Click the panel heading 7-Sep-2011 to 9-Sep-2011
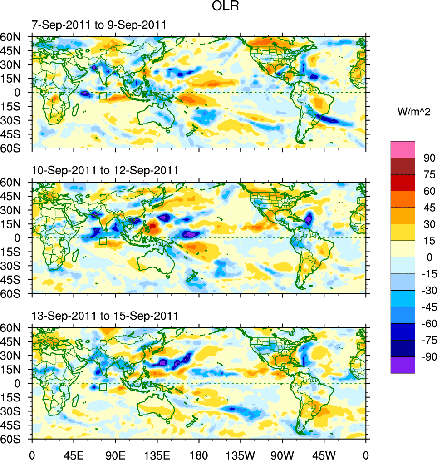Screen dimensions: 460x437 coord(98,25)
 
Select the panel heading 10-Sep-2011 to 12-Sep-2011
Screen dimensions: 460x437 coord(105,170)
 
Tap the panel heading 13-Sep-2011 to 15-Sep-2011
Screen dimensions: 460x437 coord(105,316)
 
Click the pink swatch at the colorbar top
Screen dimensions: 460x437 coord(403,149)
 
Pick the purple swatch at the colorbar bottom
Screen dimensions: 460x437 coord(403,365)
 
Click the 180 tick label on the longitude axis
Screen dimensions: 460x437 coord(199,454)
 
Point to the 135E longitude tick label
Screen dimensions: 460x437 coord(157,454)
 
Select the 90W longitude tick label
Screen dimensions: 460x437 coord(282,454)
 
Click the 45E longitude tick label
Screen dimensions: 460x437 coord(74,454)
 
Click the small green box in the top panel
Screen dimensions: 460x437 coord(103,96)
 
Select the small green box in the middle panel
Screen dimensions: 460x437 coord(103,241)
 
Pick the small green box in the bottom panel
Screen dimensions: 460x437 coord(103,386)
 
